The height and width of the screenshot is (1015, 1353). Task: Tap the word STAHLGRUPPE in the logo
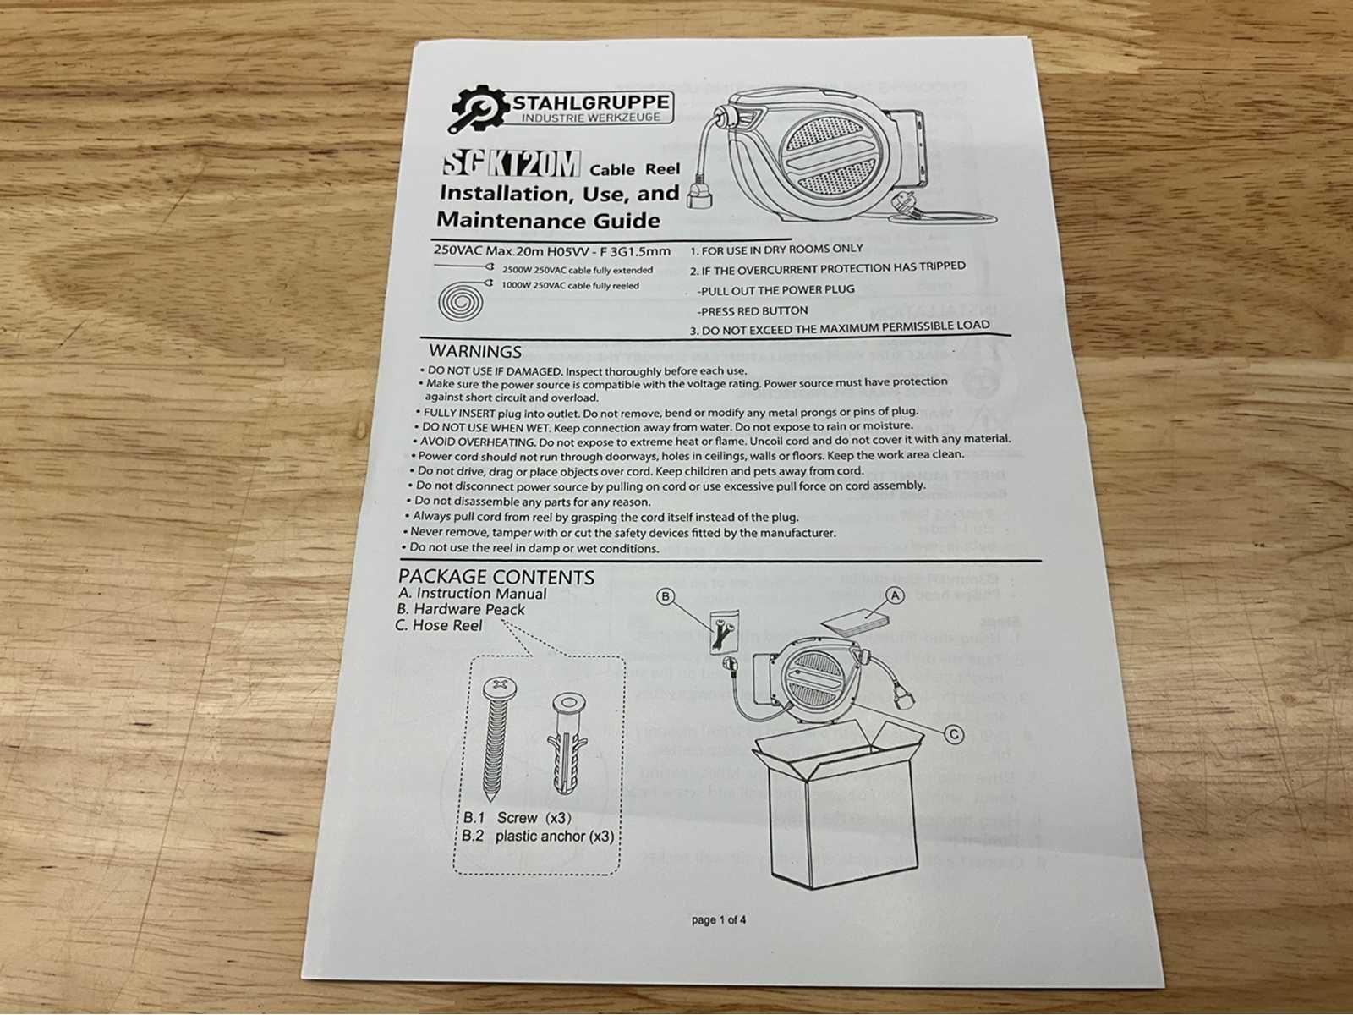[x=591, y=101]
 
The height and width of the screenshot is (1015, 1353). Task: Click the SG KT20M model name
[x=511, y=165]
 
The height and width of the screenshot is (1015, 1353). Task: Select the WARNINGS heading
[x=475, y=351]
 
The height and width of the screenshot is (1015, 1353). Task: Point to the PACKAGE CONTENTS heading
[x=496, y=577]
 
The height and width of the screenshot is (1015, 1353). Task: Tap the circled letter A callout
[x=895, y=595]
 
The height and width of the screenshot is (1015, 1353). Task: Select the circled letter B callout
[x=666, y=596]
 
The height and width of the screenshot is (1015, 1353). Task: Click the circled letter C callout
[x=953, y=734]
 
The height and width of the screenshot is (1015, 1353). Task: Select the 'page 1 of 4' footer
[x=719, y=920]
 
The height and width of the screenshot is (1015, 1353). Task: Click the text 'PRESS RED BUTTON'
[x=753, y=311]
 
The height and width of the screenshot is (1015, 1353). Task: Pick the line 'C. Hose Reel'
[x=438, y=625]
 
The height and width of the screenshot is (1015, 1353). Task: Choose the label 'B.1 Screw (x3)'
[x=517, y=818]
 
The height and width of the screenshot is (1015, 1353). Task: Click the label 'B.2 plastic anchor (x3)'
[x=538, y=837]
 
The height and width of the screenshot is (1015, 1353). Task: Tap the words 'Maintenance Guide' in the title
[x=549, y=220]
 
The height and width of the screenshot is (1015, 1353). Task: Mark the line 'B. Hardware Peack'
[x=461, y=609]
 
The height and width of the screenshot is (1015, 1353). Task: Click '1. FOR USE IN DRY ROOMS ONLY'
[x=776, y=250]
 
